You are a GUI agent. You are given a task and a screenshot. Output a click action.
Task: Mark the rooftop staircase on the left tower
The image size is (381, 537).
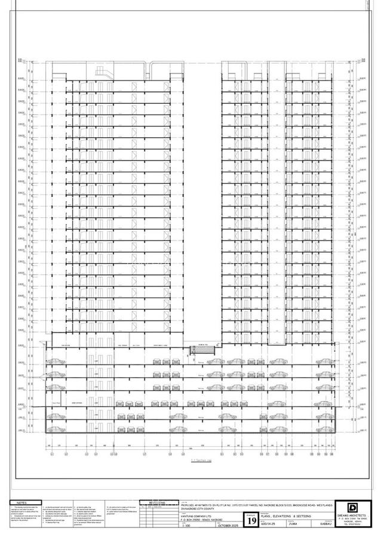(101, 73)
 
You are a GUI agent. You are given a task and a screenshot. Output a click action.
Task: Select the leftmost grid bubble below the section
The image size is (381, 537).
(52, 454)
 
